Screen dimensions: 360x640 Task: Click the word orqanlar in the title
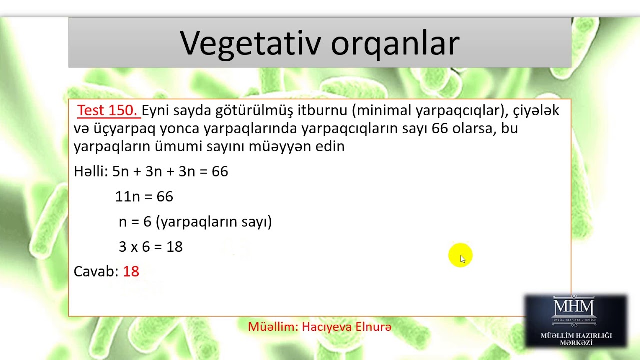click(395, 43)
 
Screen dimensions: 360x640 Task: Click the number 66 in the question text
click(440, 128)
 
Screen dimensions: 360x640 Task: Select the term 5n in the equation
click(120, 171)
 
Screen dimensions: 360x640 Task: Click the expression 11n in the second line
click(127, 196)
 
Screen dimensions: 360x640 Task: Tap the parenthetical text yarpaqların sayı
click(214, 221)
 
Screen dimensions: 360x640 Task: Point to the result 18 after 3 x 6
click(175, 246)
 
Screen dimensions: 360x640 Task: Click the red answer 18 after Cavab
click(131, 271)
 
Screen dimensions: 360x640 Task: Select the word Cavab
click(96, 271)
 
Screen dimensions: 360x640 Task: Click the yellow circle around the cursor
click(460, 255)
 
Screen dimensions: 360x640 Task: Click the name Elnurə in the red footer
click(373, 327)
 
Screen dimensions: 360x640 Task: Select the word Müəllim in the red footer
click(273, 327)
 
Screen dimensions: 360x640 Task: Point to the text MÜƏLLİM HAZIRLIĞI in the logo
click(576, 335)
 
